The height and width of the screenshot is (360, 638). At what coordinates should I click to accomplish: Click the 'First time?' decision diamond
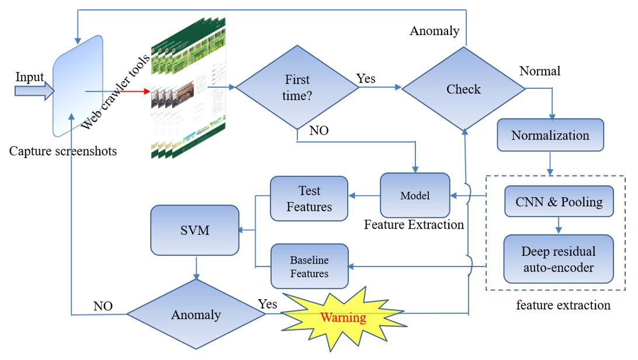[x=297, y=88]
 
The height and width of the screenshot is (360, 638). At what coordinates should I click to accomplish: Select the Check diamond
[x=463, y=89]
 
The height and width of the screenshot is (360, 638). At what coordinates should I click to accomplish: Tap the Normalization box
[x=550, y=135]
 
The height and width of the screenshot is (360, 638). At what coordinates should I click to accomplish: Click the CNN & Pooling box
[x=559, y=202]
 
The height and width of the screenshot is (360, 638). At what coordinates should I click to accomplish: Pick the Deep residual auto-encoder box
[x=559, y=259]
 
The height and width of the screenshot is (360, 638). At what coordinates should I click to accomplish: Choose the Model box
[x=415, y=195]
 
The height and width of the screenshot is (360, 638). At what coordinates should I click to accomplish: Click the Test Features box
[x=309, y=198]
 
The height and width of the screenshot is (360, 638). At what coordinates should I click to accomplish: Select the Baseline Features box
[x=309, y=266]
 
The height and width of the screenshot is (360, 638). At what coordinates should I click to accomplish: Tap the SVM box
[x=195, y=230]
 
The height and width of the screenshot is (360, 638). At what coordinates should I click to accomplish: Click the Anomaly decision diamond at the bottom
[x=196, y=314]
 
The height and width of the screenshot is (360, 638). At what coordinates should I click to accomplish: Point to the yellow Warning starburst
[x=344, y=318]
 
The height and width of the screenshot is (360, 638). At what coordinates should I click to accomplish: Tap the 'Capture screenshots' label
[x=63, y=151]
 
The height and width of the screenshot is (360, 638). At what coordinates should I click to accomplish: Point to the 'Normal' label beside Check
[x=539, y=71]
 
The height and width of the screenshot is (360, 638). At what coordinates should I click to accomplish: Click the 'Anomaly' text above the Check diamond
[x=434, y=31]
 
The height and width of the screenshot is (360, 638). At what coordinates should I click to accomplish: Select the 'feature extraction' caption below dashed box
[x=563, y=305]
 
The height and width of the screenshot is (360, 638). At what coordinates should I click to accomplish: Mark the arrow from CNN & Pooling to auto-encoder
[x=559, y=224]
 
